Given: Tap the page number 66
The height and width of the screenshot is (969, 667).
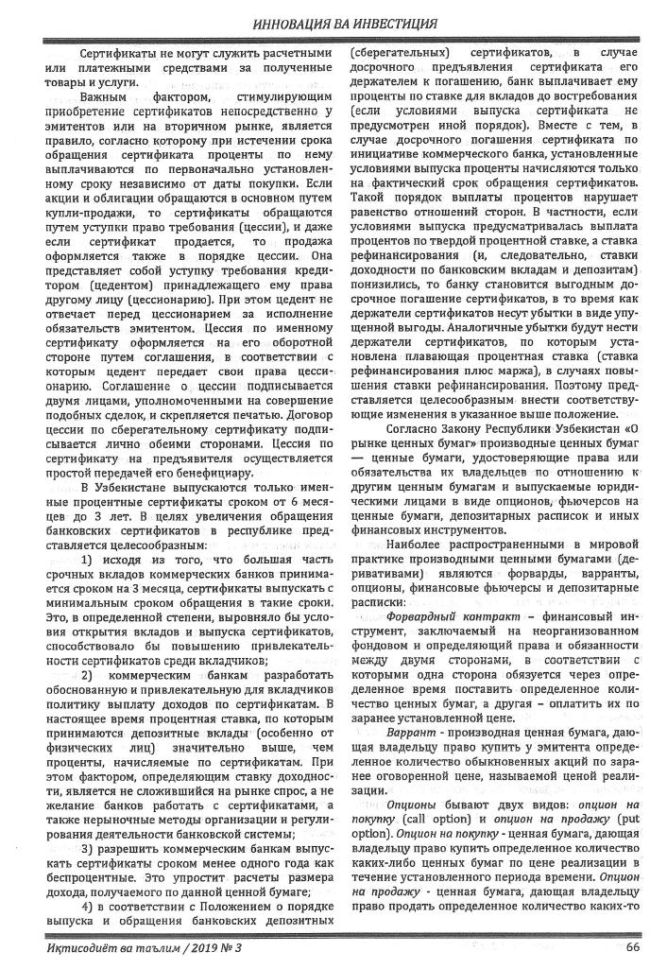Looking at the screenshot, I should [x=632, y=946].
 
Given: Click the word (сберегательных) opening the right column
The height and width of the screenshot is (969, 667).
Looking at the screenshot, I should [x=394, y=52].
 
